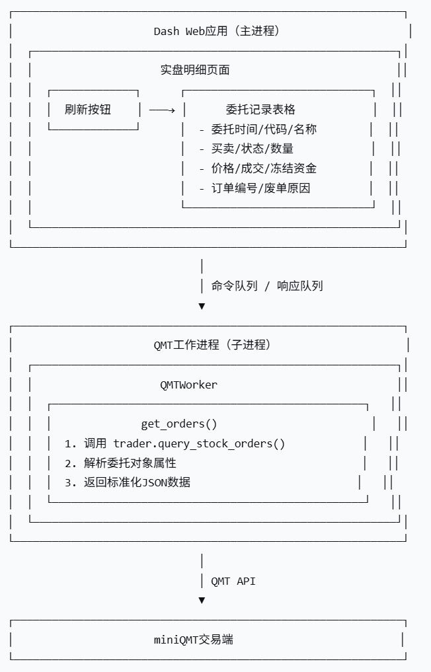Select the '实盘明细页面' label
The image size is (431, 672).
pyautogui.click(x=195, y=70)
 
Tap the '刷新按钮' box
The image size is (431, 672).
pyautogui.click(x=88, y=110)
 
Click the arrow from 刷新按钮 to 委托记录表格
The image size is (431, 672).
pyautogui.click(x=162, y=110)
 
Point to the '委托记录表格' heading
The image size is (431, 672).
pyautogui.click(x=260, y=110)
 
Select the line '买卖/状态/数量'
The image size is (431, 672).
pyautogui.click(x=252, y=149)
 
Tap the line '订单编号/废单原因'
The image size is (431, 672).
pyautogui.click(x=260, y=188)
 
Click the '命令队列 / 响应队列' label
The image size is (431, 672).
pyautogui.click(x=267, y=286)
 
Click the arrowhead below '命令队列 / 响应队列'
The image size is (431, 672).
pyautogui.click(x=202, y=307)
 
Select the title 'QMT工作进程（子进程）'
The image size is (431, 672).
pyautogui.click(x=212, y=345)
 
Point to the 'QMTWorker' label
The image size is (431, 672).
pyautogui.click(x=188, y=385)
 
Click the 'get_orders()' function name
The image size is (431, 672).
pyautogui.click(x=179, y=424)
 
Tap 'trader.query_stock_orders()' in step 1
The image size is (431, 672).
pyautogui.click(x=199, y=443)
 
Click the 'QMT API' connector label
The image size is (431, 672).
pyautogui.click(x=233, y=581)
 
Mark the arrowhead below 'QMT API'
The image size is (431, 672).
pyautogui.click(x=202, y=601)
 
